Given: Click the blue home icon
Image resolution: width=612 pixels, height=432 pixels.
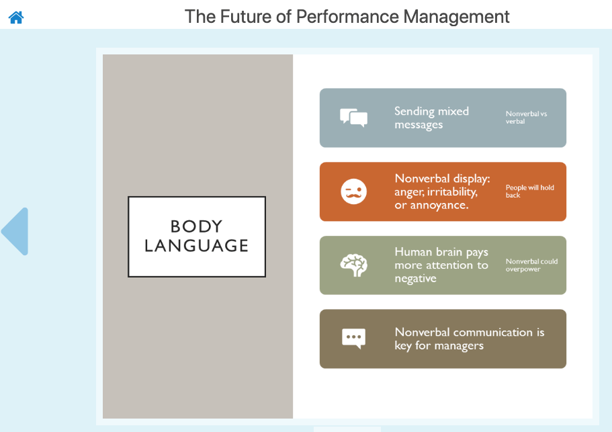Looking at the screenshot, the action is (16, 17).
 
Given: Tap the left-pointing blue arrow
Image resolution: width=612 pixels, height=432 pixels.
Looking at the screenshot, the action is (15, 231).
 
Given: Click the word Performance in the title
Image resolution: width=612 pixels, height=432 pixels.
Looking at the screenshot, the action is (347, 17).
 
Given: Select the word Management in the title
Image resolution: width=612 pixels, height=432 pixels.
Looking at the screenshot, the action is (456, 17).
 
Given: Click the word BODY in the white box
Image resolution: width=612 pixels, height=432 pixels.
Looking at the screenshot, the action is (196, 226).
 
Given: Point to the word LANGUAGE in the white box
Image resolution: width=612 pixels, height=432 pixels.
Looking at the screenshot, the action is (196, 245).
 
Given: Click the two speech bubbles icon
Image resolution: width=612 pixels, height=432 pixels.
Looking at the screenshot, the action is (353, 118).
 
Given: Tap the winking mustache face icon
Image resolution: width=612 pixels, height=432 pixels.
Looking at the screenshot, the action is (353, 191).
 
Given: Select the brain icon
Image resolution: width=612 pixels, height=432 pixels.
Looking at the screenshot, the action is (353, 265).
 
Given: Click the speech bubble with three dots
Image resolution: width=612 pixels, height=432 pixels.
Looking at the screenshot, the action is (353, 339).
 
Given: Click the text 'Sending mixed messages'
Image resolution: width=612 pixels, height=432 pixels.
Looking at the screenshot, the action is (431, 118).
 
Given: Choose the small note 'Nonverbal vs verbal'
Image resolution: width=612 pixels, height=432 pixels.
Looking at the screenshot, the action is (526, 118).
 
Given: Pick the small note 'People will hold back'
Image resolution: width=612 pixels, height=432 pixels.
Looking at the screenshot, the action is (529, 191).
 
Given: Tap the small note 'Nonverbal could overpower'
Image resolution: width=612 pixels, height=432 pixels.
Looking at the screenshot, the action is (531, 265).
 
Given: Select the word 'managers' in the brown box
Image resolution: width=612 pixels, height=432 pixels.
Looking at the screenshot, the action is (459, 346).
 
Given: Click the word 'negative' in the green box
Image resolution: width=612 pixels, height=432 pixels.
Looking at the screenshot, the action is (415, 279).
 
